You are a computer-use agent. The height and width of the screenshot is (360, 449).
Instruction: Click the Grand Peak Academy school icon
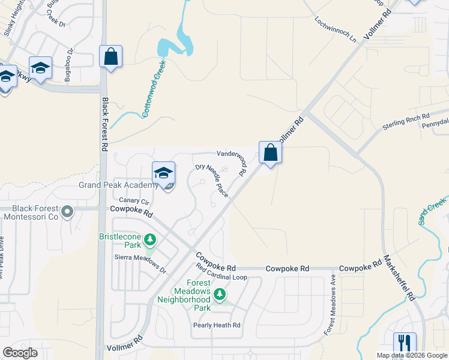tap(163, 173)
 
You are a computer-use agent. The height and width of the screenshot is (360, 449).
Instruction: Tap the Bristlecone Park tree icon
tap(149, 241)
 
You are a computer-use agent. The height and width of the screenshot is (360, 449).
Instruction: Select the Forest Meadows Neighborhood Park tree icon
tap(220, 294)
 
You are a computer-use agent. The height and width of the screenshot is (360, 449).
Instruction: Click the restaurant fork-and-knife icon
tap(405, 343)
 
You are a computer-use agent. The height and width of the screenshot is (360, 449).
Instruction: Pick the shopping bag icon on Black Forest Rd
tap(110, 57)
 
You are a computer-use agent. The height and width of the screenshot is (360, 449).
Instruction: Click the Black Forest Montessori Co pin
tap(67, 212)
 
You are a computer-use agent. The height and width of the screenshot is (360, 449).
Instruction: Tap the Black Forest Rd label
tap(105, 124)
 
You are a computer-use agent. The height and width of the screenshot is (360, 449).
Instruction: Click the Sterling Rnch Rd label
tap(406, 123)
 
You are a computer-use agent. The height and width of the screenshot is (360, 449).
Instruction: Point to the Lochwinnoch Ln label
tap(335, 28)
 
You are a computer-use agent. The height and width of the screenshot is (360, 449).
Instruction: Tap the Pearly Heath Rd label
tap(216, 325)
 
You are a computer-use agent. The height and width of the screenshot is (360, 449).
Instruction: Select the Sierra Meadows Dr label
tap(140, 262)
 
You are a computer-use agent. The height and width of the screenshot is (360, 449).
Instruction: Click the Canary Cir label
tap(133, 200)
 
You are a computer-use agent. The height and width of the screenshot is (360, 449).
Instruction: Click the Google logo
tap(20, 352)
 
